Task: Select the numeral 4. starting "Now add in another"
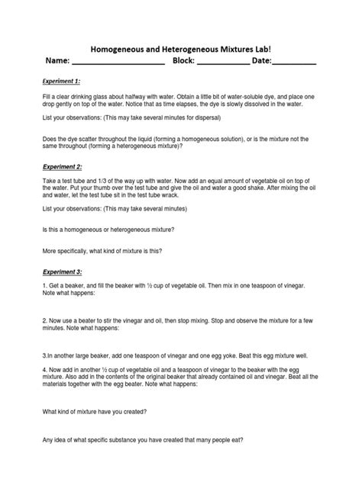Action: pos(44,368)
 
